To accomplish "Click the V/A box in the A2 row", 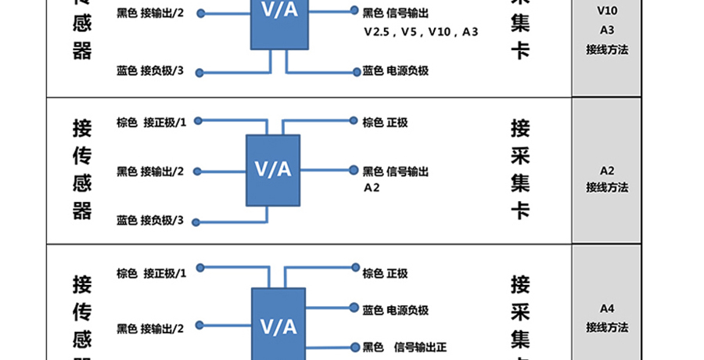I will click(x=273, y=171).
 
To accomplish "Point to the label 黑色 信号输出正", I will click(x=404, y=346).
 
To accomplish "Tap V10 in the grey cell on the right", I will click(x=607, y=11).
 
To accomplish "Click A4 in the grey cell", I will click(x=607, y=308).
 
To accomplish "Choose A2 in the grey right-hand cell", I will click(x=607, y=170).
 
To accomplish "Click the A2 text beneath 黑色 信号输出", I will click(x=372, y=188).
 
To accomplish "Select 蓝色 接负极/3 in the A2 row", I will click(x=150, y=221).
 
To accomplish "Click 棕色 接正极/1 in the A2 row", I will click(x=152, y=122).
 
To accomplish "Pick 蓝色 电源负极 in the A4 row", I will click(x=395, y=310).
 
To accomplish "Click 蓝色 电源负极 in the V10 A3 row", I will click(x=395, y=71).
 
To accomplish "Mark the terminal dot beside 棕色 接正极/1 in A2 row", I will click(x=199, y=121).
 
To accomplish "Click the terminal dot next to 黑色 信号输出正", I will click(x=354, y=345).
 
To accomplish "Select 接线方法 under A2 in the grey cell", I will click(x=607, y=187).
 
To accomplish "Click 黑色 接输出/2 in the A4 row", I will click(x=150, y=328).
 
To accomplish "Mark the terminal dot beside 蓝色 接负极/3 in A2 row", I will click(x=196, y=223).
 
